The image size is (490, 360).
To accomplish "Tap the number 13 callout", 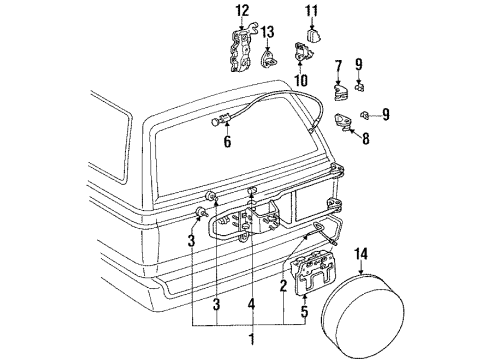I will tap(267, 31).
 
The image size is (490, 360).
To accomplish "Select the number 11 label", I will tap(310, 11).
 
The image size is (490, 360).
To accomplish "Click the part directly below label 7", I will tap(339, 92).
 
